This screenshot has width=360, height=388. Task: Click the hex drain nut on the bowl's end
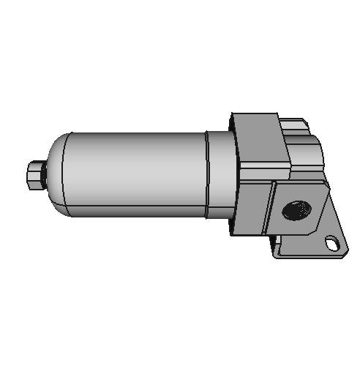34,176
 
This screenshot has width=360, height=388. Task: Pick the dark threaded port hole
296,212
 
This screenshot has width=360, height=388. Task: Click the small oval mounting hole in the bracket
333,242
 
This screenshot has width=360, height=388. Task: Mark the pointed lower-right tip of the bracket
345,253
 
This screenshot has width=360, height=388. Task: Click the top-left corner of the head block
233,113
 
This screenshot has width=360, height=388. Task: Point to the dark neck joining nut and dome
43,175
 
